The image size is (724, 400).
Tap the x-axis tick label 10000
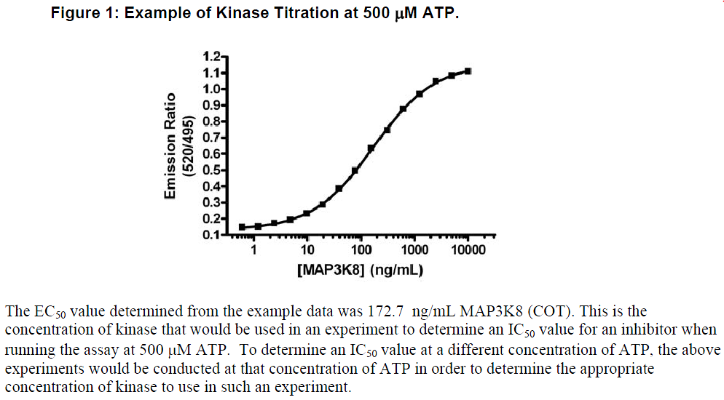[468, 249]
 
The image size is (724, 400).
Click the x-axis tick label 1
[254, 249]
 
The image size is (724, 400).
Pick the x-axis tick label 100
[361, 249]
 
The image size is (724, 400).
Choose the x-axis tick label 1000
[414, 249]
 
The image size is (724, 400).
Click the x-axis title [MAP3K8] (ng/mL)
[360, 270]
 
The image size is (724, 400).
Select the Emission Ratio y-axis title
[172, 145]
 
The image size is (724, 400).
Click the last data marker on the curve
[468, 71]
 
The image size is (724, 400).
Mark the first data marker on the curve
[242, 228]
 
